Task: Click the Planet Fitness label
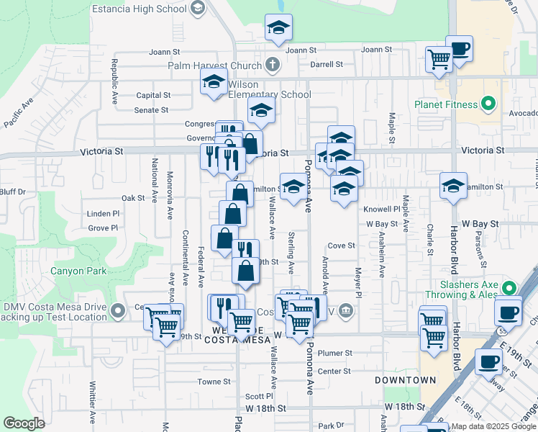point(446,104)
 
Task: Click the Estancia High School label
point(140,9)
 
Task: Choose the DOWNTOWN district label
point(405,379)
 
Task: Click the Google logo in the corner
point(24,423)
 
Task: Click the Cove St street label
point(342,246)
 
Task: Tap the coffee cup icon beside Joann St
point(459,49)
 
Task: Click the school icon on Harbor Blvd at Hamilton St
point(453,186)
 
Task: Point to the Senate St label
point(151,110)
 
